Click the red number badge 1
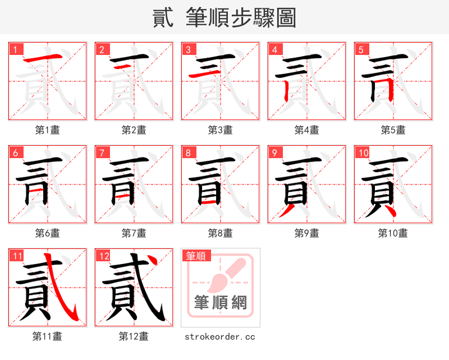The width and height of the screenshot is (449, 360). pyautogui.click(x=15, y=49)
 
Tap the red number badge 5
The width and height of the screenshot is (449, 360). pyautogui.click(x=360, y=49)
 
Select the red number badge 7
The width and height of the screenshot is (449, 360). pyautogui.click(x=101, y=152)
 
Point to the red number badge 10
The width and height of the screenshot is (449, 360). pyautogui.click(x=363, y=152)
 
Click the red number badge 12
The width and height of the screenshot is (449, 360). pyautogui.click(x=103, y=256)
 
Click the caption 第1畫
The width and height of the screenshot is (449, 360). pyautogui.click(x=48, y=130)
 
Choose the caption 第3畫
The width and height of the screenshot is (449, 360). pyautogui.click(x=221, y=130)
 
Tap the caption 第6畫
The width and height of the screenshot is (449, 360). pyautogui.click(x=48, y=233)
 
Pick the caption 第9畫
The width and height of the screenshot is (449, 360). pyautogui.click(x=307, y=233)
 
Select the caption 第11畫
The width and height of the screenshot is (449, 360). pyautogui.click(x=48, y=336)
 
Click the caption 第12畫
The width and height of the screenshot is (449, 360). pyautogui.click(x=134, y=336)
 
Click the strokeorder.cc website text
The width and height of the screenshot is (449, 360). pyautogui.click(x=221, y=336)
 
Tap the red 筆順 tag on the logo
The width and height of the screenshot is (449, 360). pyautogui.click(x=196, y=256)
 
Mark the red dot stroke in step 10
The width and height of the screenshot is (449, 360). pyautogui.click(x=393, y=213)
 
